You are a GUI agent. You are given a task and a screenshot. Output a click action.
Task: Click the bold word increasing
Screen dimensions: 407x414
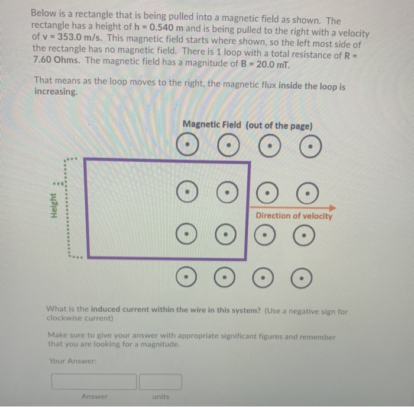tap(56, 92)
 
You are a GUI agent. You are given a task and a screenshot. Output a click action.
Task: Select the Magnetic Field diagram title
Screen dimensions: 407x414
tap(248, 125)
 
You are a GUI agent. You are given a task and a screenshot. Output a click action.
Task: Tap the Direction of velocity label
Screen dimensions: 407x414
tap(294, 216)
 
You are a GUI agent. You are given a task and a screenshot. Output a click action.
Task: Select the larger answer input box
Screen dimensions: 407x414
tap(94, 381)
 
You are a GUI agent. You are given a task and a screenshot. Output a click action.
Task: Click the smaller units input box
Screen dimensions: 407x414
tap(160, 381)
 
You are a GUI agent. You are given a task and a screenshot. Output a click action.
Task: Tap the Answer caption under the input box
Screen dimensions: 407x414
tap(95, 396)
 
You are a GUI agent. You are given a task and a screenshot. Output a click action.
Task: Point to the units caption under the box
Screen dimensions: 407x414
tap(160, 396)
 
